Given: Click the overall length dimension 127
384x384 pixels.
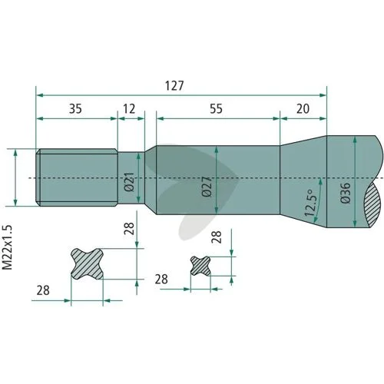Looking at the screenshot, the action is [x=174, y=86].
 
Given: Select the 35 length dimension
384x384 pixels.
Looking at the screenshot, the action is [x=75, y=109].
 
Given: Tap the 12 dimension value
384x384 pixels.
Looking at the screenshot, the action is [x=129, y=109].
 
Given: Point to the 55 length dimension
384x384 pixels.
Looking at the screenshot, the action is [x=217, y=109].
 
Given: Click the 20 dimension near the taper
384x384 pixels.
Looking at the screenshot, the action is [x=303, y=109].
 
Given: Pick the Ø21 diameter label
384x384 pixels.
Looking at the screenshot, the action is [x=129, y=182].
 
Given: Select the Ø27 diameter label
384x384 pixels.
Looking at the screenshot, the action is [x=207, y=187].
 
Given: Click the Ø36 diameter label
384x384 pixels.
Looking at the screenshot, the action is [x=346, y=193].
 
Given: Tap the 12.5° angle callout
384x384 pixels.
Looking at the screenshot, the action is [x=310, y=203].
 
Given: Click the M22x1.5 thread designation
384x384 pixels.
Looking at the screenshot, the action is [x=7, y=247].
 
